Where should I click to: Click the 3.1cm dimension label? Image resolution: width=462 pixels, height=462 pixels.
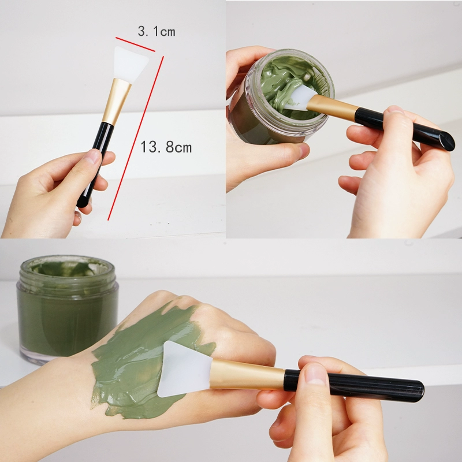tap(157, 31)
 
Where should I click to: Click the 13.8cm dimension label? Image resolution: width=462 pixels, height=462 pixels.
tap(166, 147)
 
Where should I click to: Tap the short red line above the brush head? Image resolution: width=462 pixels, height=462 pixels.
tap(135, 44)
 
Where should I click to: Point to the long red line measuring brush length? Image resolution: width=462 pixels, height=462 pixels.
tap(136, 138)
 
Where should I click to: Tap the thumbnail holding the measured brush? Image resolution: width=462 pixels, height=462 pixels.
tap(92, 156)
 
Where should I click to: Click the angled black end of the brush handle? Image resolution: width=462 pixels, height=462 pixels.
tap(446, 141)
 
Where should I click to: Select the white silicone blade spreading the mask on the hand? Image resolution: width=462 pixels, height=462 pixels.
tap(182, 369)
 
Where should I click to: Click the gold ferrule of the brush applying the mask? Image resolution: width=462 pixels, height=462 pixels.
tap(247, 374)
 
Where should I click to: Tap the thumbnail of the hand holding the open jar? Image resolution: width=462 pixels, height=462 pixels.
tap(304, 151)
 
